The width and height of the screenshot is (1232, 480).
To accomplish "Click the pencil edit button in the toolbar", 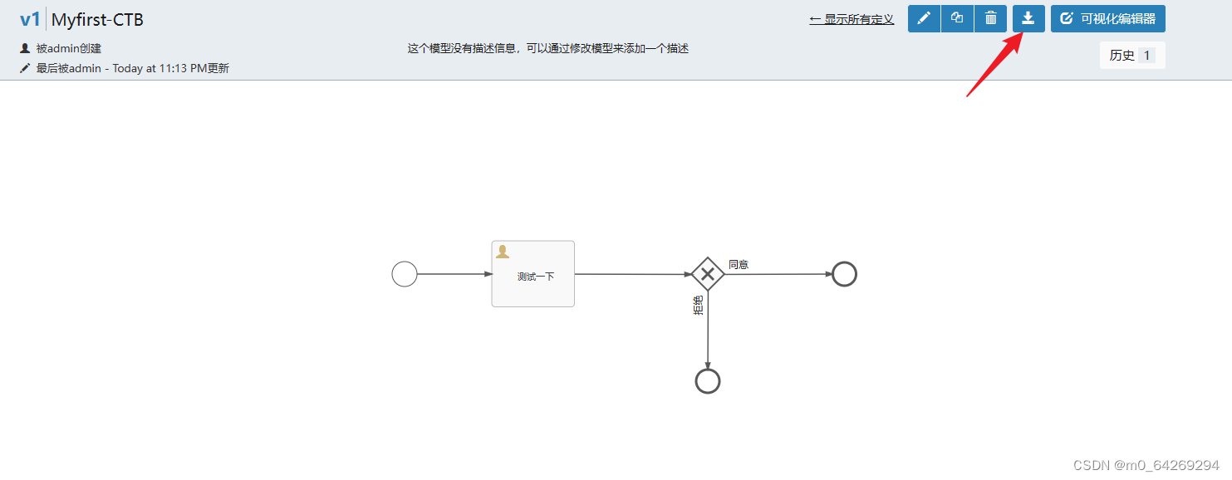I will coord(924,18).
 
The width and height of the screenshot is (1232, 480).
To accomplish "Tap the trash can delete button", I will coord(990,18).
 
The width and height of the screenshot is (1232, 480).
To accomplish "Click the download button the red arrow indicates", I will coord(1028,18).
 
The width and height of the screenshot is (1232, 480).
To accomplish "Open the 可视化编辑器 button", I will coord(1107,18).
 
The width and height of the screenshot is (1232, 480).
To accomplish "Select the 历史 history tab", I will coord(1131,56).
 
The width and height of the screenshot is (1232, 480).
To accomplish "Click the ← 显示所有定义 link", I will coord(852,19).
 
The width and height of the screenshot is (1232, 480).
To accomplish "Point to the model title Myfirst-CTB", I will coord(97,19).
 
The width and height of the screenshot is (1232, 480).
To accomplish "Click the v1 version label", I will coord(30,19).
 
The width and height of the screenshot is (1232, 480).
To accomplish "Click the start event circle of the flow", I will coord(405,274).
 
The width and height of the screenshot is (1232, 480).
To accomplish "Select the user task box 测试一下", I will coord(533,274).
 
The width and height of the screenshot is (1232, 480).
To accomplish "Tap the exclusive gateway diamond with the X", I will coord(708,274).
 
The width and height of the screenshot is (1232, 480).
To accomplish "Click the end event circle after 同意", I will coord(844,274).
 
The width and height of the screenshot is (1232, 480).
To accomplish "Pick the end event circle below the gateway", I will coord(707,381).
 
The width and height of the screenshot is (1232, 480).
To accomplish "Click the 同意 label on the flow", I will coord(739,264).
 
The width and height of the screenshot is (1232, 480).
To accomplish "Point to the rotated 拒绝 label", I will coord(698,306).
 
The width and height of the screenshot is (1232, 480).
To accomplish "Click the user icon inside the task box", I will coord(502,252).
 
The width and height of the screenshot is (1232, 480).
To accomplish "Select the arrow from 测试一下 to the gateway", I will coord(632,274).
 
